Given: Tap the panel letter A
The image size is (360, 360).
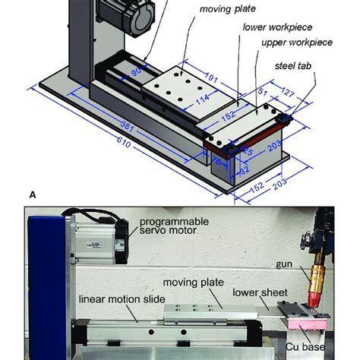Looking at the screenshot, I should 33,195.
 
